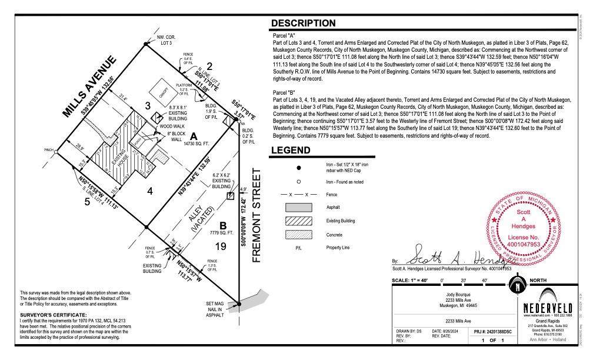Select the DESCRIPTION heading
pyautogui.click(x=311, y=24)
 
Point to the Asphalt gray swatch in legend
pyautogui.click(x=299, y=207)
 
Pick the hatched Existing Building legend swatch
pyautogui.click(x=299, y=221)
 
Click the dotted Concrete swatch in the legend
pyautogui.click(x=299, y=234)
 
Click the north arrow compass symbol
pyautogui.click(x=516, y=287)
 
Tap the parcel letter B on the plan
pyautogui.click(x=223, y=225)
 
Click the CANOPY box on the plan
pyautogui.click(x=162, y=92)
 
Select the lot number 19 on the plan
pyautogui.click(x=221, y=246)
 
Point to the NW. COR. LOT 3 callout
pyautogui.click(x=165, y=40)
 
